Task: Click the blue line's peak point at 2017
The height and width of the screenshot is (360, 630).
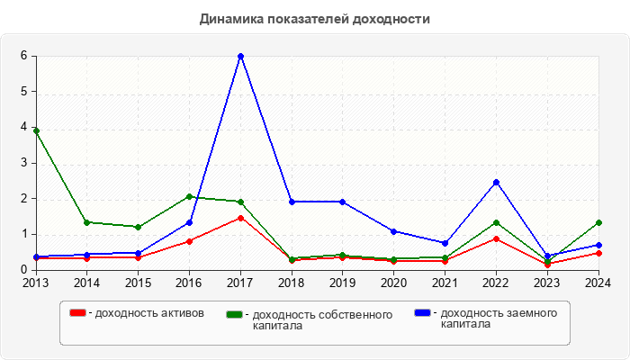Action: pyautogui.click(x=240, y=56)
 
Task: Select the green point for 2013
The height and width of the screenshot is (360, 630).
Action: pyautogui.click(x=36, y=130)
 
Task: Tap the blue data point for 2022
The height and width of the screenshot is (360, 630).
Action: pyautogui.click(x=496, y=183)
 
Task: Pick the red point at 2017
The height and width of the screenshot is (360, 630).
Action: pyautogui.click(x=240, y=218)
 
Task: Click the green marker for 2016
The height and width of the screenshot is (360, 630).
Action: pyautogui.click(x=189, y=196)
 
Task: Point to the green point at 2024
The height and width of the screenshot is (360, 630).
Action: pyautogui.click(x=598, y=222)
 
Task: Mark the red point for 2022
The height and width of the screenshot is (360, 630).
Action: pyautogui.click(x=496, y=238)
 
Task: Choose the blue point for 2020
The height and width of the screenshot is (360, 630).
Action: pyautogui.click(x=393, y=231)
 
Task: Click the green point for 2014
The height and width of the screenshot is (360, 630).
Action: pyautogui.click(x=87, y=222)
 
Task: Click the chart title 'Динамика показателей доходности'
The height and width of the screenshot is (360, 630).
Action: pyautogui.click(x=314, y=18)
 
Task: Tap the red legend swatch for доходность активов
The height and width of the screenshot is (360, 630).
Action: pyautogui.click(x=78, y=313)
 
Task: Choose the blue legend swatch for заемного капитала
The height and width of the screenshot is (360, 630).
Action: pyautogui.click(x=422, y=313)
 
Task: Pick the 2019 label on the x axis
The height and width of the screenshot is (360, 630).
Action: pyautogui.click(x=343, y=283)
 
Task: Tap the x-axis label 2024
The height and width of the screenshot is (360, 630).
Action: pyautogui.click(x=598, y=283)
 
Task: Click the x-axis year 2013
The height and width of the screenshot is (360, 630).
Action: pyautogui.click(x=36, y=283)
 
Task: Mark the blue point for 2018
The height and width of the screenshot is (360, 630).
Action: pyautogui.click(x=292, y=202)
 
